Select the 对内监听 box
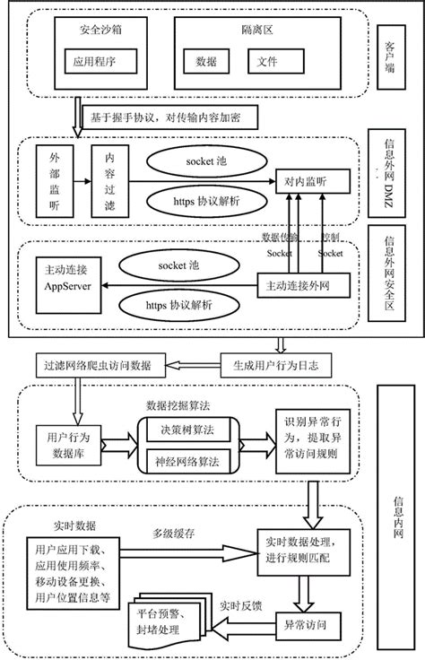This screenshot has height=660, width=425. pyautogui.click(x=306, y=180)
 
